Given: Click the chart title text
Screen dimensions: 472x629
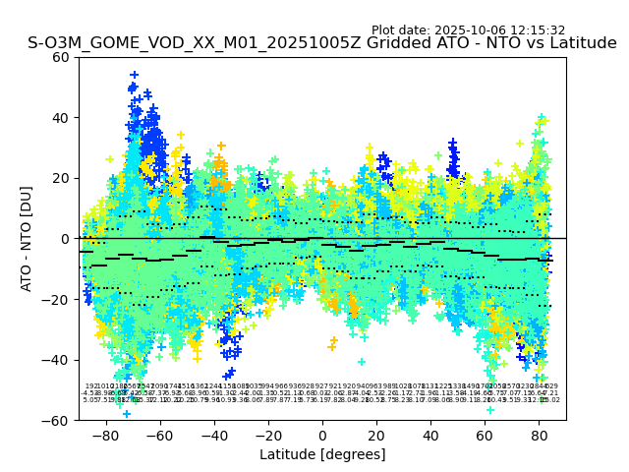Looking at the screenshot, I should tap(322, 43).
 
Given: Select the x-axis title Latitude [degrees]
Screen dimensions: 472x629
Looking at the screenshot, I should tap(322, 454).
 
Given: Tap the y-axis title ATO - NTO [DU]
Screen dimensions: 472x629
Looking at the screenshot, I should tap(27, 238).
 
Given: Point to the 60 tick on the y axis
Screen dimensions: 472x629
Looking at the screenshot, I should tap(61, 57).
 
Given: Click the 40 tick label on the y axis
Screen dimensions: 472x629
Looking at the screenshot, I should tap(61, 118).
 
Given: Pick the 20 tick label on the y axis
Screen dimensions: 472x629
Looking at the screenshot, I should tap(61, 178).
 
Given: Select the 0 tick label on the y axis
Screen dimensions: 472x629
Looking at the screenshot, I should tap(65, 239).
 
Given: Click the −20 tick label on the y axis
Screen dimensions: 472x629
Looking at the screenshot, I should tap(57, 299).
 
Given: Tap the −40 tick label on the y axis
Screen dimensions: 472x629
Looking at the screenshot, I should tap(57, 360).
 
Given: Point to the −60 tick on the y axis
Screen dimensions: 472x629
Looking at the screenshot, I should tap(57, 420).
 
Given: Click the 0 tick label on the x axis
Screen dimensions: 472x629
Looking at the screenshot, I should tap(322, 435).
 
